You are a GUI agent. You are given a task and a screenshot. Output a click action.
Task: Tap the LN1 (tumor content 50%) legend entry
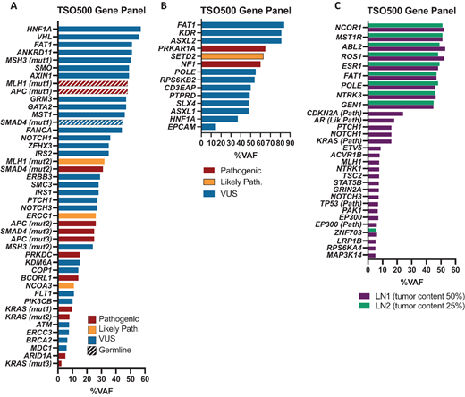pyautogui.click(x=406, y=293)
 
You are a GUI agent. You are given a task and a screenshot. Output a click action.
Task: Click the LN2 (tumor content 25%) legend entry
pyautogui.click(x=406, y=305)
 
